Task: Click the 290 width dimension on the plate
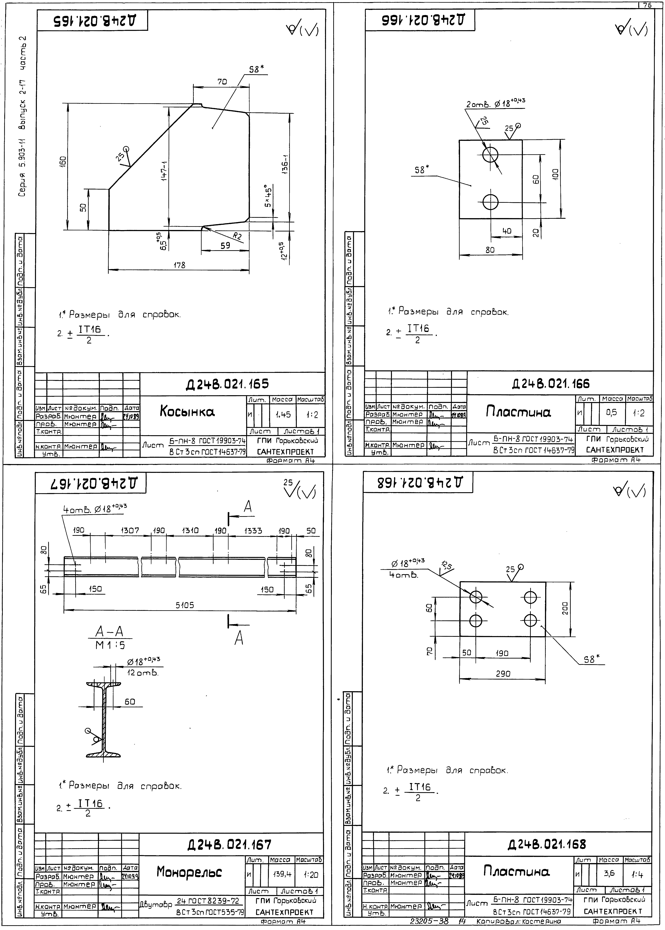[x=503, y=673]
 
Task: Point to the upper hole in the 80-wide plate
[x=490, y=155]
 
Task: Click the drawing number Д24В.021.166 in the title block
[x=551, y=383]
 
